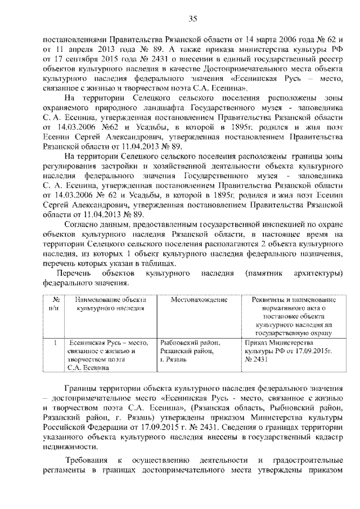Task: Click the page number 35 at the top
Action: click(x=192, y=19)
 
